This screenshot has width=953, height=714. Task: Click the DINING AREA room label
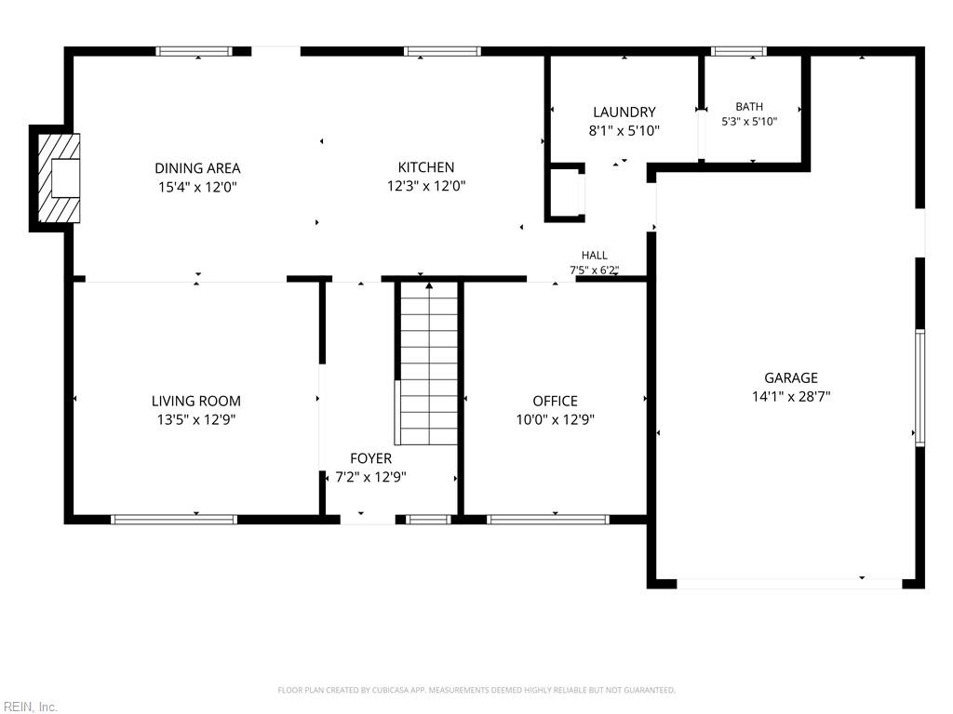(x=197, y=168)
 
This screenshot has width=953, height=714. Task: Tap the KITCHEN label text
(x=426, y=167)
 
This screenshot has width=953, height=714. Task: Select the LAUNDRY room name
(x=624, y=112)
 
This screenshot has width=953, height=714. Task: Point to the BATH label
(x=749, y=106)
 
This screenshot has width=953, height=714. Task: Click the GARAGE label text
(x=791, y=377)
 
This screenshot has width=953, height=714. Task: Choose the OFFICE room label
(x=555, y=401)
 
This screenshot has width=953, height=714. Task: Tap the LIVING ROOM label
(x=195, y=401)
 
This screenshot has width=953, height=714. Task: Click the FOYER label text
(x=370, y=458)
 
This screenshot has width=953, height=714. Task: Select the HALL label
(x=595, y=255)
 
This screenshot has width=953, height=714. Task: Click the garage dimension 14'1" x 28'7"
(x=791, y=396)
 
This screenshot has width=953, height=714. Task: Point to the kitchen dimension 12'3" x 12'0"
(x=426, y=186)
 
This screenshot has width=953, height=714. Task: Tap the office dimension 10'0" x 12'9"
(x=555, y=419)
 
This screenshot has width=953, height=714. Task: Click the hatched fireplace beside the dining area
(x=59, y=178)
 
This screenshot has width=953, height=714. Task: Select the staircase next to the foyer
(x=428, y=364)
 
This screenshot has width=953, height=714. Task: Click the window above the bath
(x=738, y=51)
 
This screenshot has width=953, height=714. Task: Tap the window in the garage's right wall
(x=920, y=388)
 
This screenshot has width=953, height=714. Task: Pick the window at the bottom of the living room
(x=174, y=519)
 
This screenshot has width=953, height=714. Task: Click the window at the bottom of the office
(x=547, y=519)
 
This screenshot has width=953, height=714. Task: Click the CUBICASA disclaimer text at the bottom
(x=476, y=690)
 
